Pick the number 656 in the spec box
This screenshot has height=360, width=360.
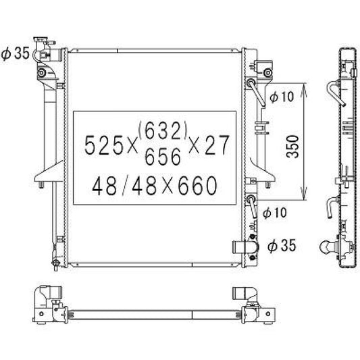(x=163, y=157)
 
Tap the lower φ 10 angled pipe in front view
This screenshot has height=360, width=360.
(x=253, y=204)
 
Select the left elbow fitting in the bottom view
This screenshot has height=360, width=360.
(x=49, y=294)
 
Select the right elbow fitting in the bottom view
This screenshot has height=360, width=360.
(x=242, y=295)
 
